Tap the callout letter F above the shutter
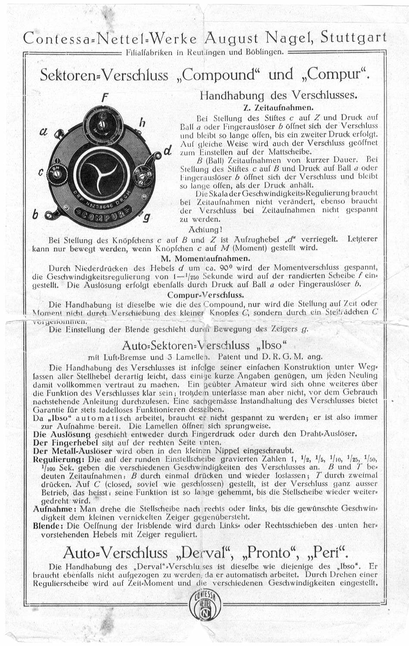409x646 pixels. click(105, 98)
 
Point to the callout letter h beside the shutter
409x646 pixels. click(142, 123)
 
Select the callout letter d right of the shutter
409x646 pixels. click(168, 152)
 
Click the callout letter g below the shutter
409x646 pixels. click(147, 217)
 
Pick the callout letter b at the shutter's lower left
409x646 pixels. click(36, 214)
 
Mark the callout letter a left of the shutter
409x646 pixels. click(43, 132)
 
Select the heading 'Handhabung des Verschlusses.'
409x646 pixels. click(278, 95)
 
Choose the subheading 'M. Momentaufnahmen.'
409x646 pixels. click(205, 258)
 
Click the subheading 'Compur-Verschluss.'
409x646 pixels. click(206, 295)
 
